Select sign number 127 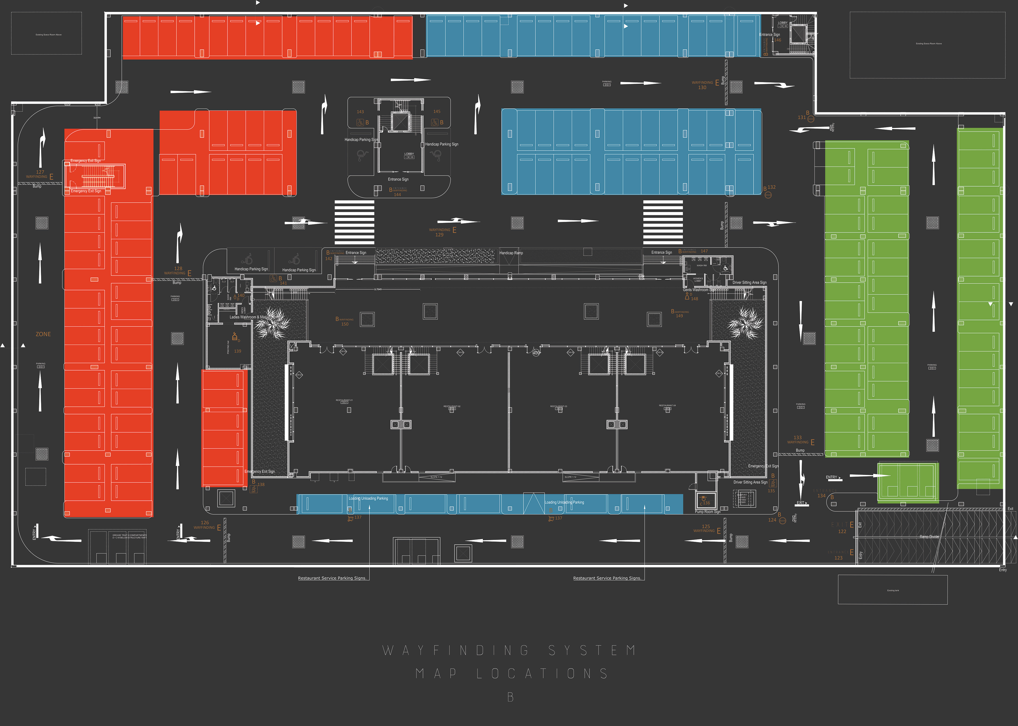[x=40, y=172]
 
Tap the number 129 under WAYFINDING [x=440, y=235]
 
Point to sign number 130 [x=702, y=88]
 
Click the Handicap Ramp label [x=511, y=253]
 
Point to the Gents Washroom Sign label [x=699, y=290]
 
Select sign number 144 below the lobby [x=397, y=195]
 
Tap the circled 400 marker [x=536, y=353]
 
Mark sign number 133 [x=798, y=438]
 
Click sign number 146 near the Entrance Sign [x=778, y=40]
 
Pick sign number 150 [x=345, y=324]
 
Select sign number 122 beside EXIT [x=842, y=531]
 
